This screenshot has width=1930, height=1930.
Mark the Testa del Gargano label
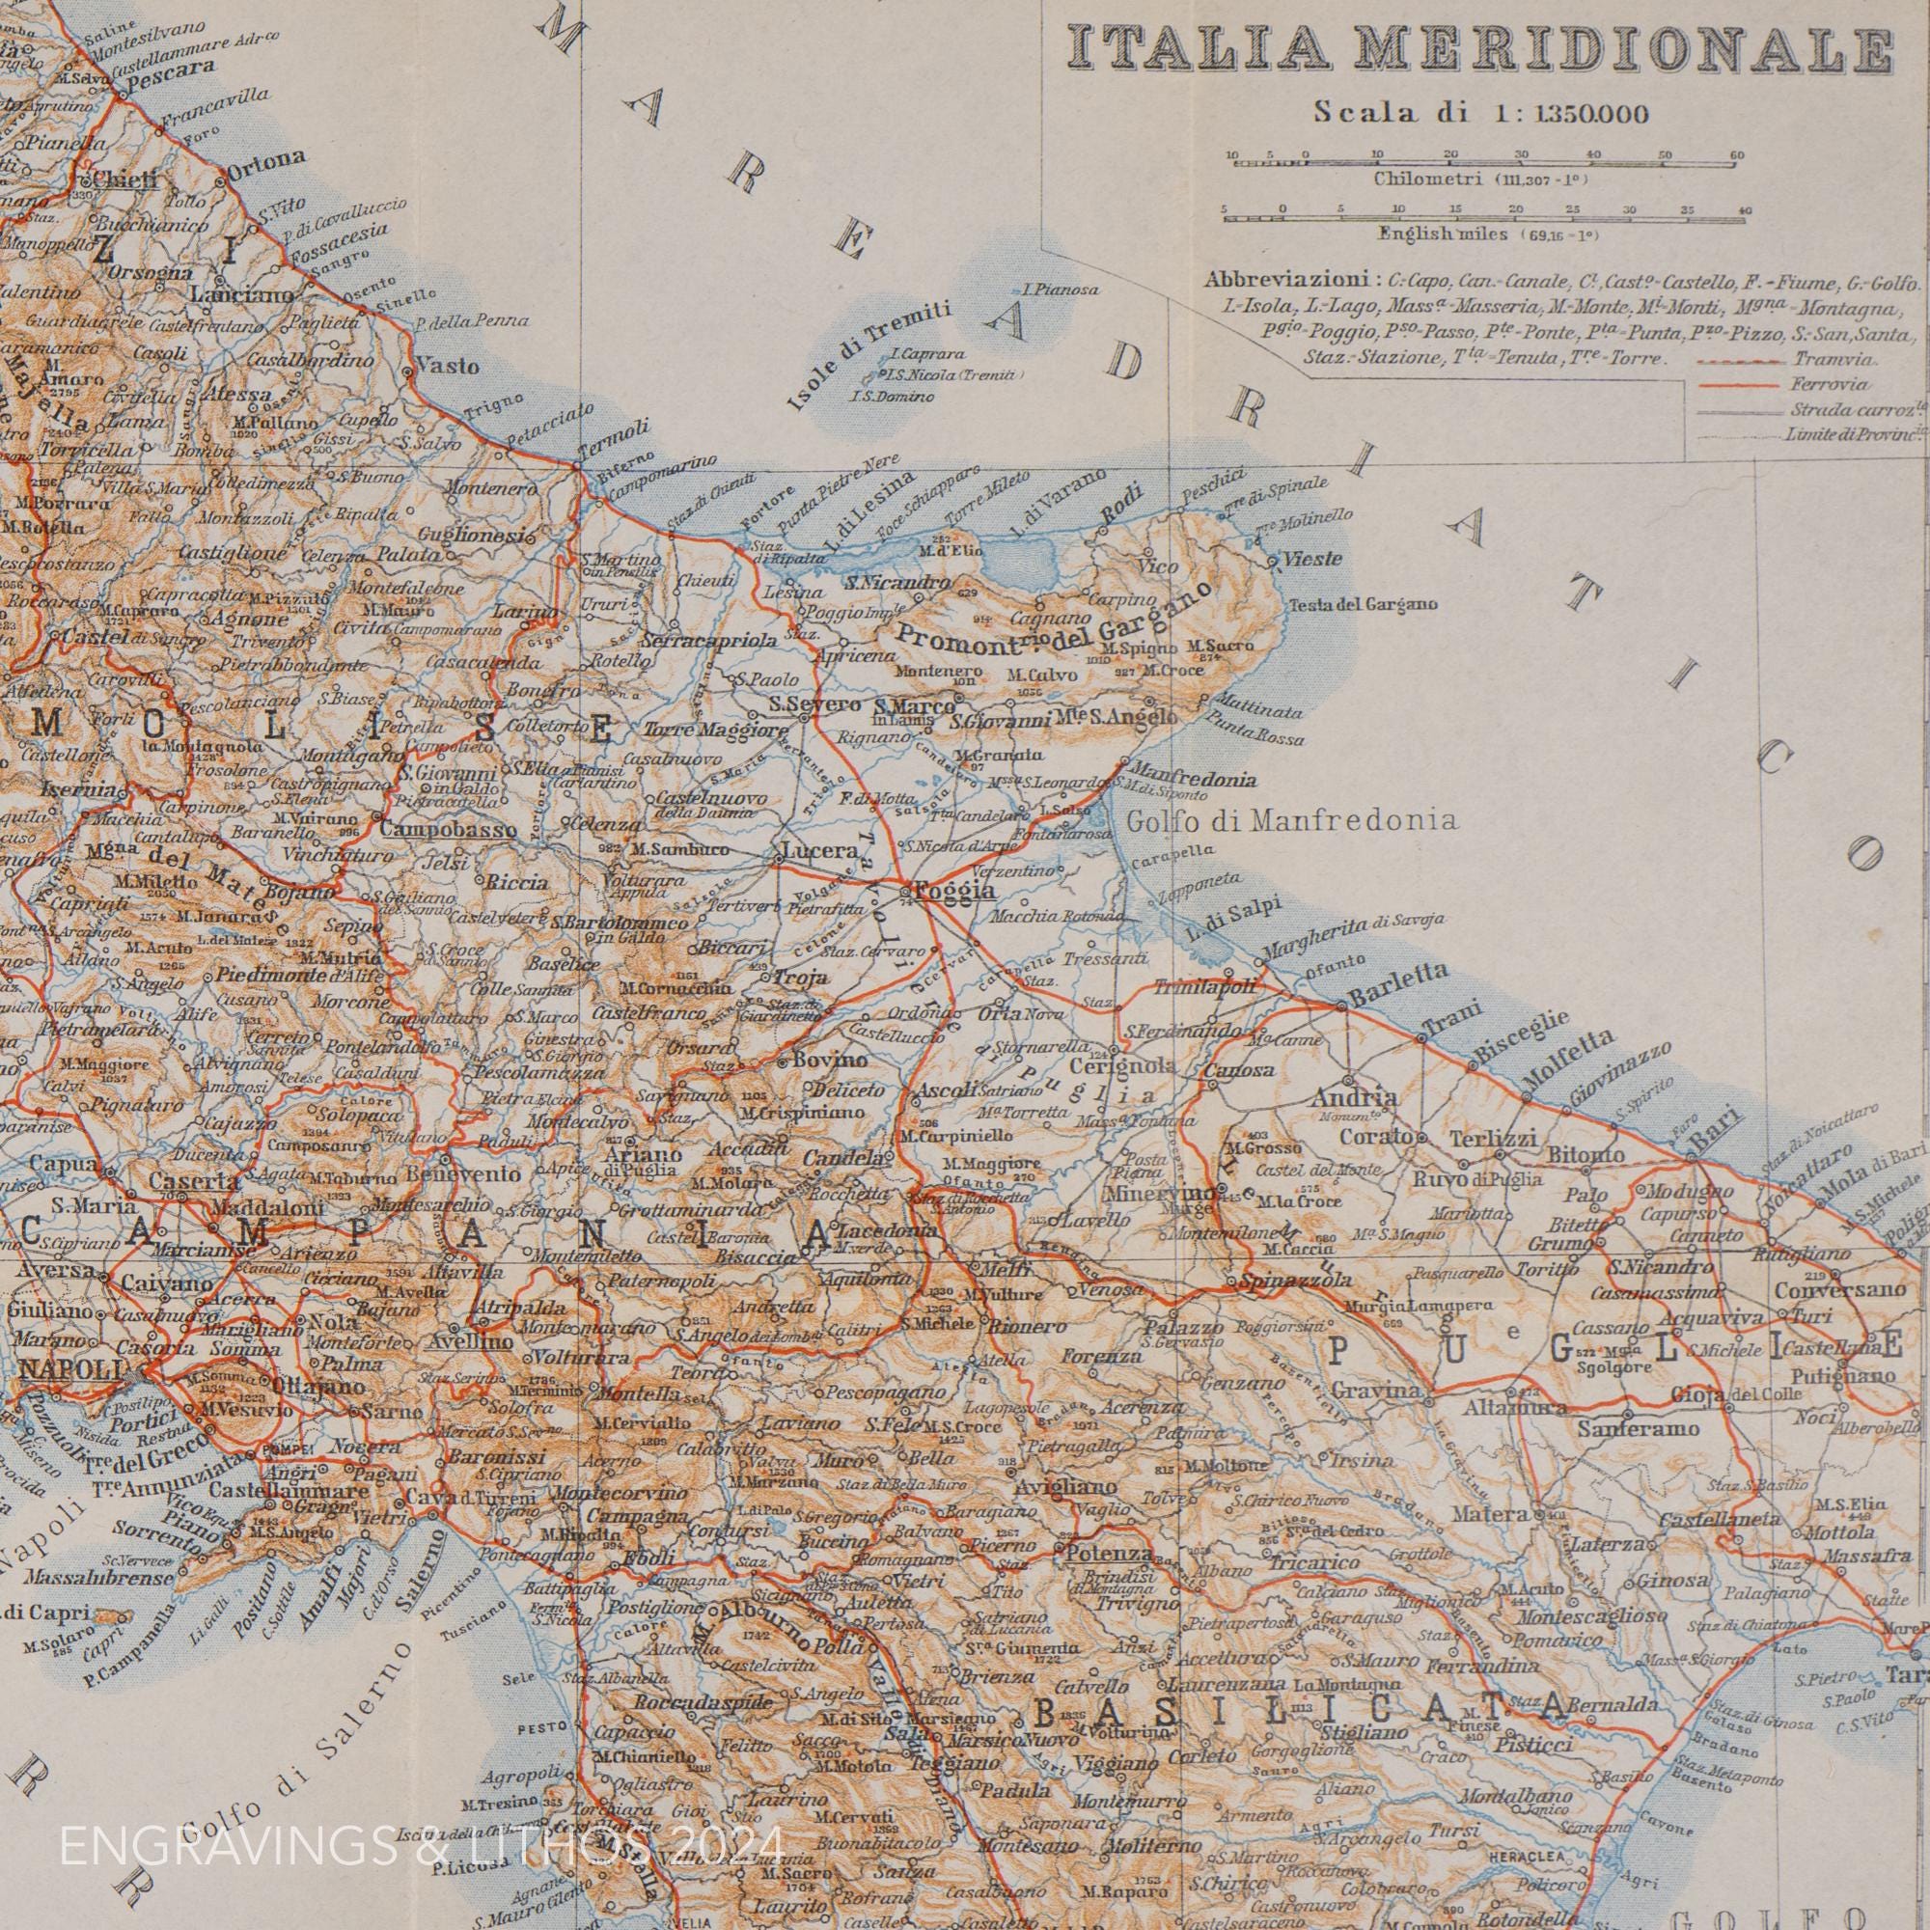click(1364, 603)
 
